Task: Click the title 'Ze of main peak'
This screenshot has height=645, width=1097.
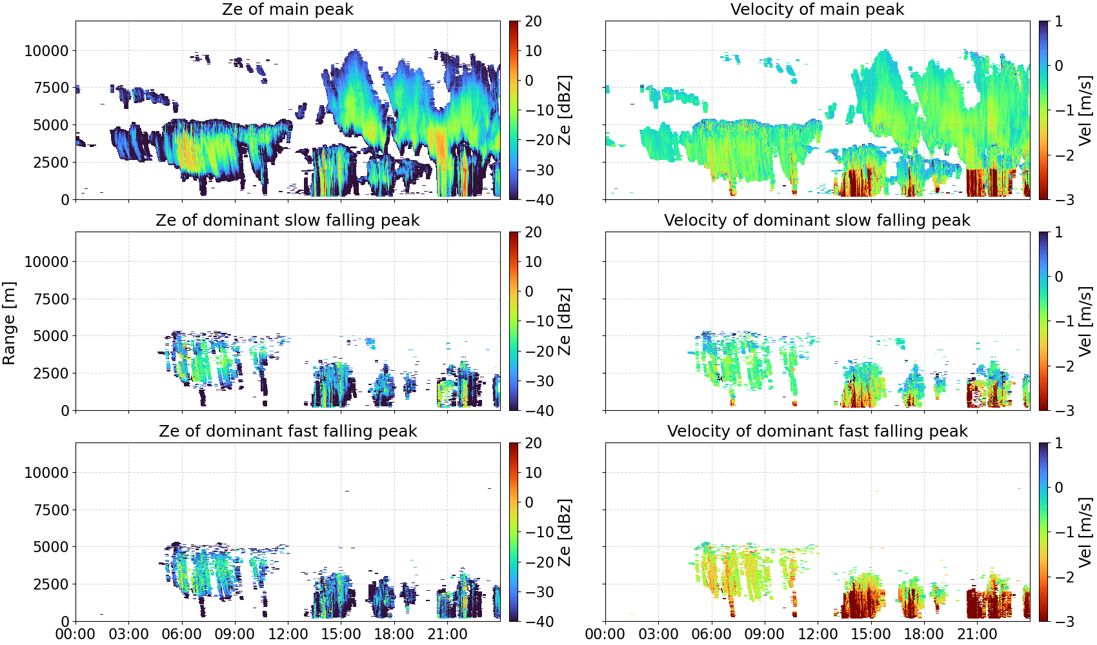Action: coord(288,9)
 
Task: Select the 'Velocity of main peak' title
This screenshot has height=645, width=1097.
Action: coord(818,9)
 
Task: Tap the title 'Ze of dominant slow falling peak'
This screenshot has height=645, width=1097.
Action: coord(288,220)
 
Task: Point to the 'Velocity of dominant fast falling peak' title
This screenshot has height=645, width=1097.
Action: coord(818,431)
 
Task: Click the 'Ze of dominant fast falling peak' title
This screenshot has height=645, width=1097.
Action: coord(288,431)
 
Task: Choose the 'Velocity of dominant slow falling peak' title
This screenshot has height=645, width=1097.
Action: coord(818,220)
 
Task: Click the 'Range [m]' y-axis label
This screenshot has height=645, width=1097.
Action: coord(9,323)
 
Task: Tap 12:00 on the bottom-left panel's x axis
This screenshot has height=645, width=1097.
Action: coord(288,634)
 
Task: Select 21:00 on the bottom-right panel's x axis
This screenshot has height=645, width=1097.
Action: coord(977,634)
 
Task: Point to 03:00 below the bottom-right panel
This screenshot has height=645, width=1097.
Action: coord(659,634)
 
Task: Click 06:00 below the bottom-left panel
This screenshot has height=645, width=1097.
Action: coord(182,634)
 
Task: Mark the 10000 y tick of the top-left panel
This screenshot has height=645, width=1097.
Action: coord(47,51)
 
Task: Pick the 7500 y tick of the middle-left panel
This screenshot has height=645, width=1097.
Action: coord(52,299)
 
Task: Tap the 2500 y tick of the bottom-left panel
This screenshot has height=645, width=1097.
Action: coord(52,584)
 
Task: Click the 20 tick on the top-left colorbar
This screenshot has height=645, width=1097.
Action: coord(534,21)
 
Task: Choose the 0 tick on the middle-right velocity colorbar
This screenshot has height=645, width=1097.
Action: coord(1058,277)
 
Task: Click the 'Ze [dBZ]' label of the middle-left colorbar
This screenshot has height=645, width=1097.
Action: coord(565,321)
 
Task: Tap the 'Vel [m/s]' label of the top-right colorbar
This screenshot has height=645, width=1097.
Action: coord(1085,110)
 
